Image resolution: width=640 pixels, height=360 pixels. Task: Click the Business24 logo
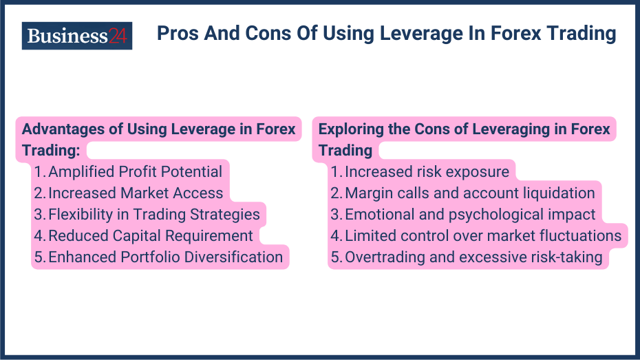click(x=76, y=35)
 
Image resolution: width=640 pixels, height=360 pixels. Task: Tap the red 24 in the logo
click(x=118, y=35)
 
